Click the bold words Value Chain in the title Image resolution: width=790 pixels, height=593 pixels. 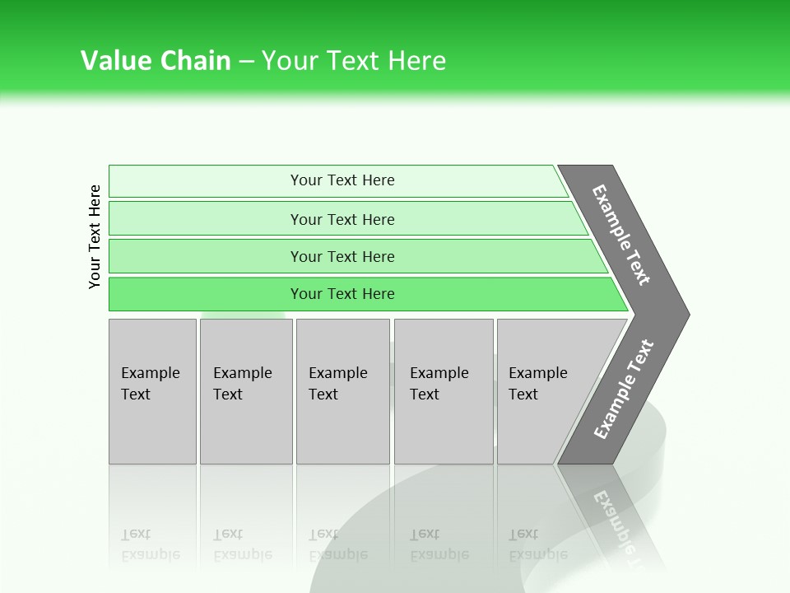156,61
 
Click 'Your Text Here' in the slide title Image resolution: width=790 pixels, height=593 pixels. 354,61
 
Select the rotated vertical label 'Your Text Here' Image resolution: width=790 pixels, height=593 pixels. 95,236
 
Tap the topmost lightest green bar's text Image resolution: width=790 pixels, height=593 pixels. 342,180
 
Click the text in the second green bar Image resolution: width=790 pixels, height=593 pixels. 342,220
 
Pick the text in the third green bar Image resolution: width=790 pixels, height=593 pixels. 342,257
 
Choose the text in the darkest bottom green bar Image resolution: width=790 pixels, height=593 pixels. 342,294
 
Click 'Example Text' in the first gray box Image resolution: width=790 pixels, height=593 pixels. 150,384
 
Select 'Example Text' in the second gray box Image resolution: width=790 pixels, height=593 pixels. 242,384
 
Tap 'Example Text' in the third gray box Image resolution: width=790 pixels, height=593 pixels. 337,384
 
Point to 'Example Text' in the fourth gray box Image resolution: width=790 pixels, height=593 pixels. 439,384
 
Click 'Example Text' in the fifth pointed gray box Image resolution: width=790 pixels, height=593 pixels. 537,384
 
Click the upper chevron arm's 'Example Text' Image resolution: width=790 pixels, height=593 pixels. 622,235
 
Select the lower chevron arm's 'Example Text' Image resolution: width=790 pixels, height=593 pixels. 624,390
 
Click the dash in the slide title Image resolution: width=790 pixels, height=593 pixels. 246,61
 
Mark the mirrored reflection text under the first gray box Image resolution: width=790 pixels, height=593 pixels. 150,544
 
